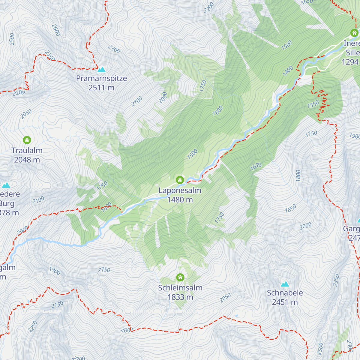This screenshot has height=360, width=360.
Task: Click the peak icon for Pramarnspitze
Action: point(101,70)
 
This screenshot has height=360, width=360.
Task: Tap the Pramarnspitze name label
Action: point(101,78)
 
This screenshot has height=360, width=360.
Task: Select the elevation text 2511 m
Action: point(101,88)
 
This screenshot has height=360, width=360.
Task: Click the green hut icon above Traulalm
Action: point(27,140)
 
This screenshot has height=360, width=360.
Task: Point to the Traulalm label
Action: point(27,150)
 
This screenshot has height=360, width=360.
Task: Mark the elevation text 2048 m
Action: point(27,160)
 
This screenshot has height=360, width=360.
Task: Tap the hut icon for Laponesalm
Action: point(180,180)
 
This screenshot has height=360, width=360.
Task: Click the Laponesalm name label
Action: point(180,190)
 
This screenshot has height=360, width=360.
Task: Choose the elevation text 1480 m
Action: point(180,199)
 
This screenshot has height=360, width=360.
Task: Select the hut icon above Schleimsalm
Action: point(180,277)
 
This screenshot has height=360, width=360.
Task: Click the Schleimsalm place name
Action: point(180,288)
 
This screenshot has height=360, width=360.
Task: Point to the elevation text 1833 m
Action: point(180,297)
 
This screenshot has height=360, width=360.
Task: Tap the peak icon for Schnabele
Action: point(285,284)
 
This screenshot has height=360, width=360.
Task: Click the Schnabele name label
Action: point(285,293)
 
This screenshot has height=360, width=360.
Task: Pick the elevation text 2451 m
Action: point(285,302)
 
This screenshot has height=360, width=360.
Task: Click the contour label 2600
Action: point(56,30)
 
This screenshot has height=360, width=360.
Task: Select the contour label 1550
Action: point(313,104)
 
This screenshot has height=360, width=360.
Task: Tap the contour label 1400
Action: point(288,71)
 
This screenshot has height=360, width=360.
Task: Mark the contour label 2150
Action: point(57,305)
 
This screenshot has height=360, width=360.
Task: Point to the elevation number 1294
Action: point(350,62)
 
